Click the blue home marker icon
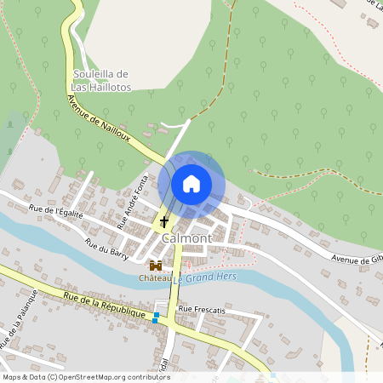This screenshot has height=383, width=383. [191, 183]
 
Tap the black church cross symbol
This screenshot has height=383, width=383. [163, 222]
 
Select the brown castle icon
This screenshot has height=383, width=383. [156, 266]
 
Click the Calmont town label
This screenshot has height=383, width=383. [185, 239]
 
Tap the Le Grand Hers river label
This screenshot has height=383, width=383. [204, 277]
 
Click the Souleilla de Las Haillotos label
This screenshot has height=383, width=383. [100, 80]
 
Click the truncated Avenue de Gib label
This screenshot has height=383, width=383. [357, 259]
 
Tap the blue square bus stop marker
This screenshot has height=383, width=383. [156, 317]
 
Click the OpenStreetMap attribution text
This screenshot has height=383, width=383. [87, 377]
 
